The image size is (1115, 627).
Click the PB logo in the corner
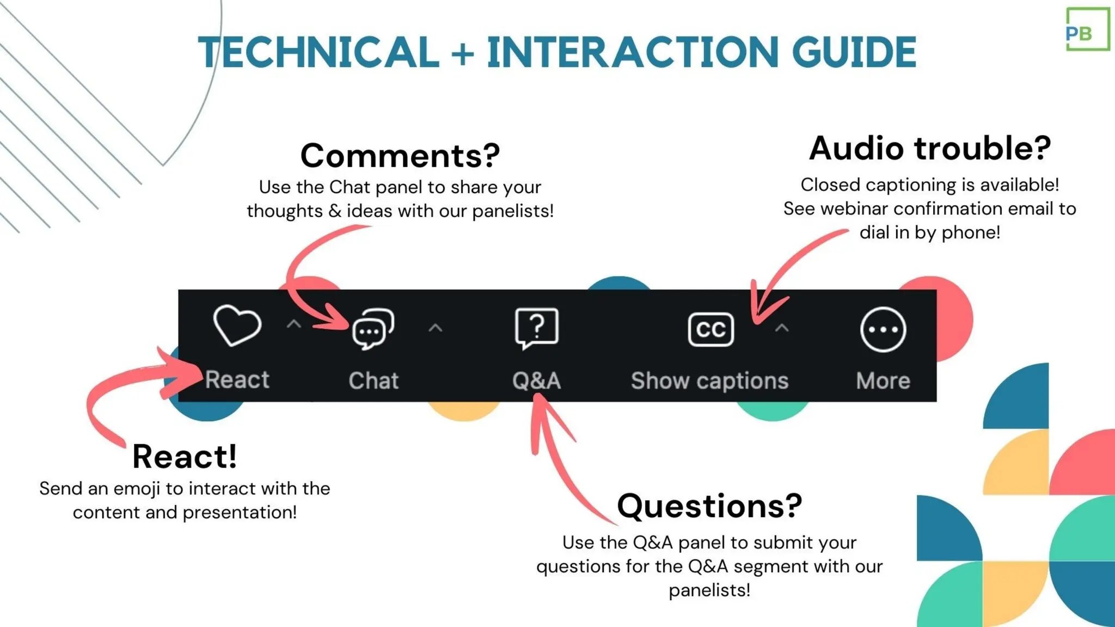click(x=1087, y=30)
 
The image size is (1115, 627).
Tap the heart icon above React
click(x=237, y=325)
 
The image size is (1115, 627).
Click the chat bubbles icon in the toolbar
click(x=373, y=329)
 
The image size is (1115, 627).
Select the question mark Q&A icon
click(x=536, y=328)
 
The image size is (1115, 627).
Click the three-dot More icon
click(x=883, y=329)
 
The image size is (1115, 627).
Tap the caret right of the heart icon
click(x=294, y=325)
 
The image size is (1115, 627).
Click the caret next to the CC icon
click(x=782, y=328)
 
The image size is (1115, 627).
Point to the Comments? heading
click(x=400, y=156)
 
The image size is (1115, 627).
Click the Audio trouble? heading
click(x=929, y=149)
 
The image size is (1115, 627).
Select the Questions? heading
click(x=709, y=506)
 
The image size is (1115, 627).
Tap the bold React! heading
click(x=185, y=456)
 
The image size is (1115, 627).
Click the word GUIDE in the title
click(x=854, y=53)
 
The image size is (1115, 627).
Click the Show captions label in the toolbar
click(x=709, y=381)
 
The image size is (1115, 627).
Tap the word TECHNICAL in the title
click(x=318, y=53)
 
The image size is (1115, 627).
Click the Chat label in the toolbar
click(x=373, y=381)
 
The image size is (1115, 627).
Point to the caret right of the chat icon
click(x=435, y=328)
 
